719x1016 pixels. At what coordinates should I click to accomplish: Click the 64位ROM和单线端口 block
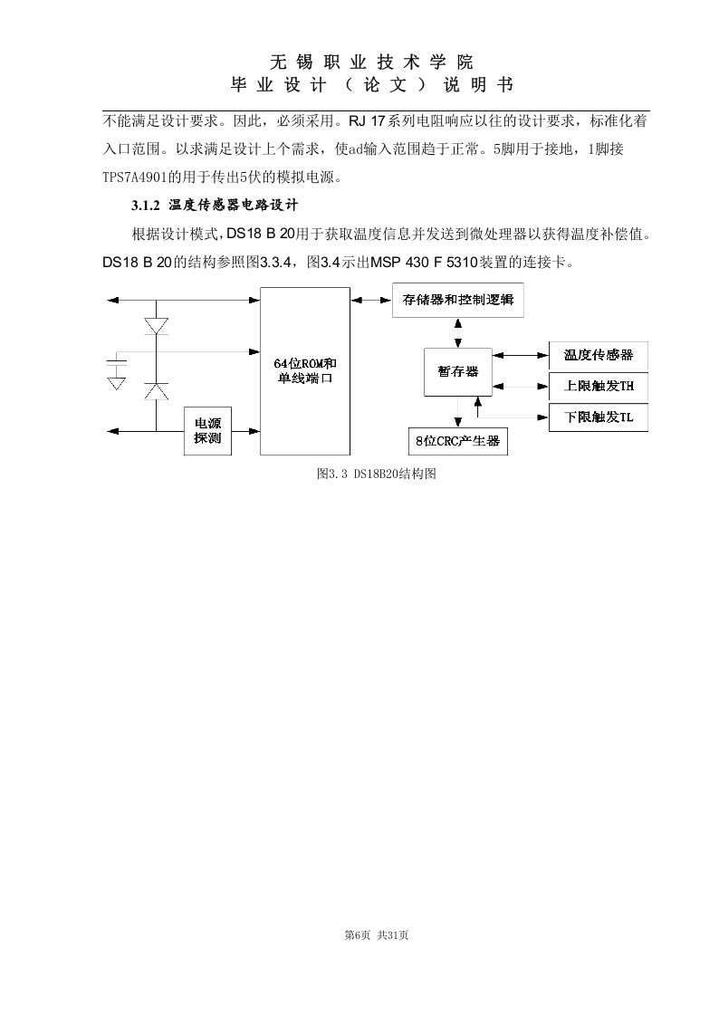(x=305, y=371)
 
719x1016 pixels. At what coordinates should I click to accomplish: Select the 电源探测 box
(x=208, y=431)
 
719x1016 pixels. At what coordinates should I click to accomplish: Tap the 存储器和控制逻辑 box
(x=458, y=300)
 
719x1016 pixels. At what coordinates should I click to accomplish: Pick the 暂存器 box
(x=458, y=372)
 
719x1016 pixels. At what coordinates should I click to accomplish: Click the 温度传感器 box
(x=599, y=355)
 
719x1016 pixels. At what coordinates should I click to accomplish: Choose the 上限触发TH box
(x=599, y=386)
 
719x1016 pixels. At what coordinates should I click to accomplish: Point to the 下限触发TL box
(x=599, y=417)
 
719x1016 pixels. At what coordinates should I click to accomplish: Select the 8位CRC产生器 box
(x=458, y=441)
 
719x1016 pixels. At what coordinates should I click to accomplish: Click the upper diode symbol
(x=156, y=326)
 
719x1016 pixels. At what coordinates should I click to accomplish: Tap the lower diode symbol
(x=156, y=391)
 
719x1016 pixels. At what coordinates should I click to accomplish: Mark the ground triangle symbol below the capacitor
(x=117, y=383)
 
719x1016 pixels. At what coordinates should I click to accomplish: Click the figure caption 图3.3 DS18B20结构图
(x=377, y=474)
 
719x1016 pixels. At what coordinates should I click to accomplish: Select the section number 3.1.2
(x=145, y=206)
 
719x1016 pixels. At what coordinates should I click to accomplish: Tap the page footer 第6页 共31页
(x=377, y=935)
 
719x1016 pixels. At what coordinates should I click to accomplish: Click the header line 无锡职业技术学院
(x=371, y=62)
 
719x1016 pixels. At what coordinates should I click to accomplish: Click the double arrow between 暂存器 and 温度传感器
(x=521, y=355)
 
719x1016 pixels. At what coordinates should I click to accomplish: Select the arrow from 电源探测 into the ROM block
(x=246, y=431)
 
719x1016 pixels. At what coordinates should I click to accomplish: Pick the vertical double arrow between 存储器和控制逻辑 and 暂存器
(x=458, y=333)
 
